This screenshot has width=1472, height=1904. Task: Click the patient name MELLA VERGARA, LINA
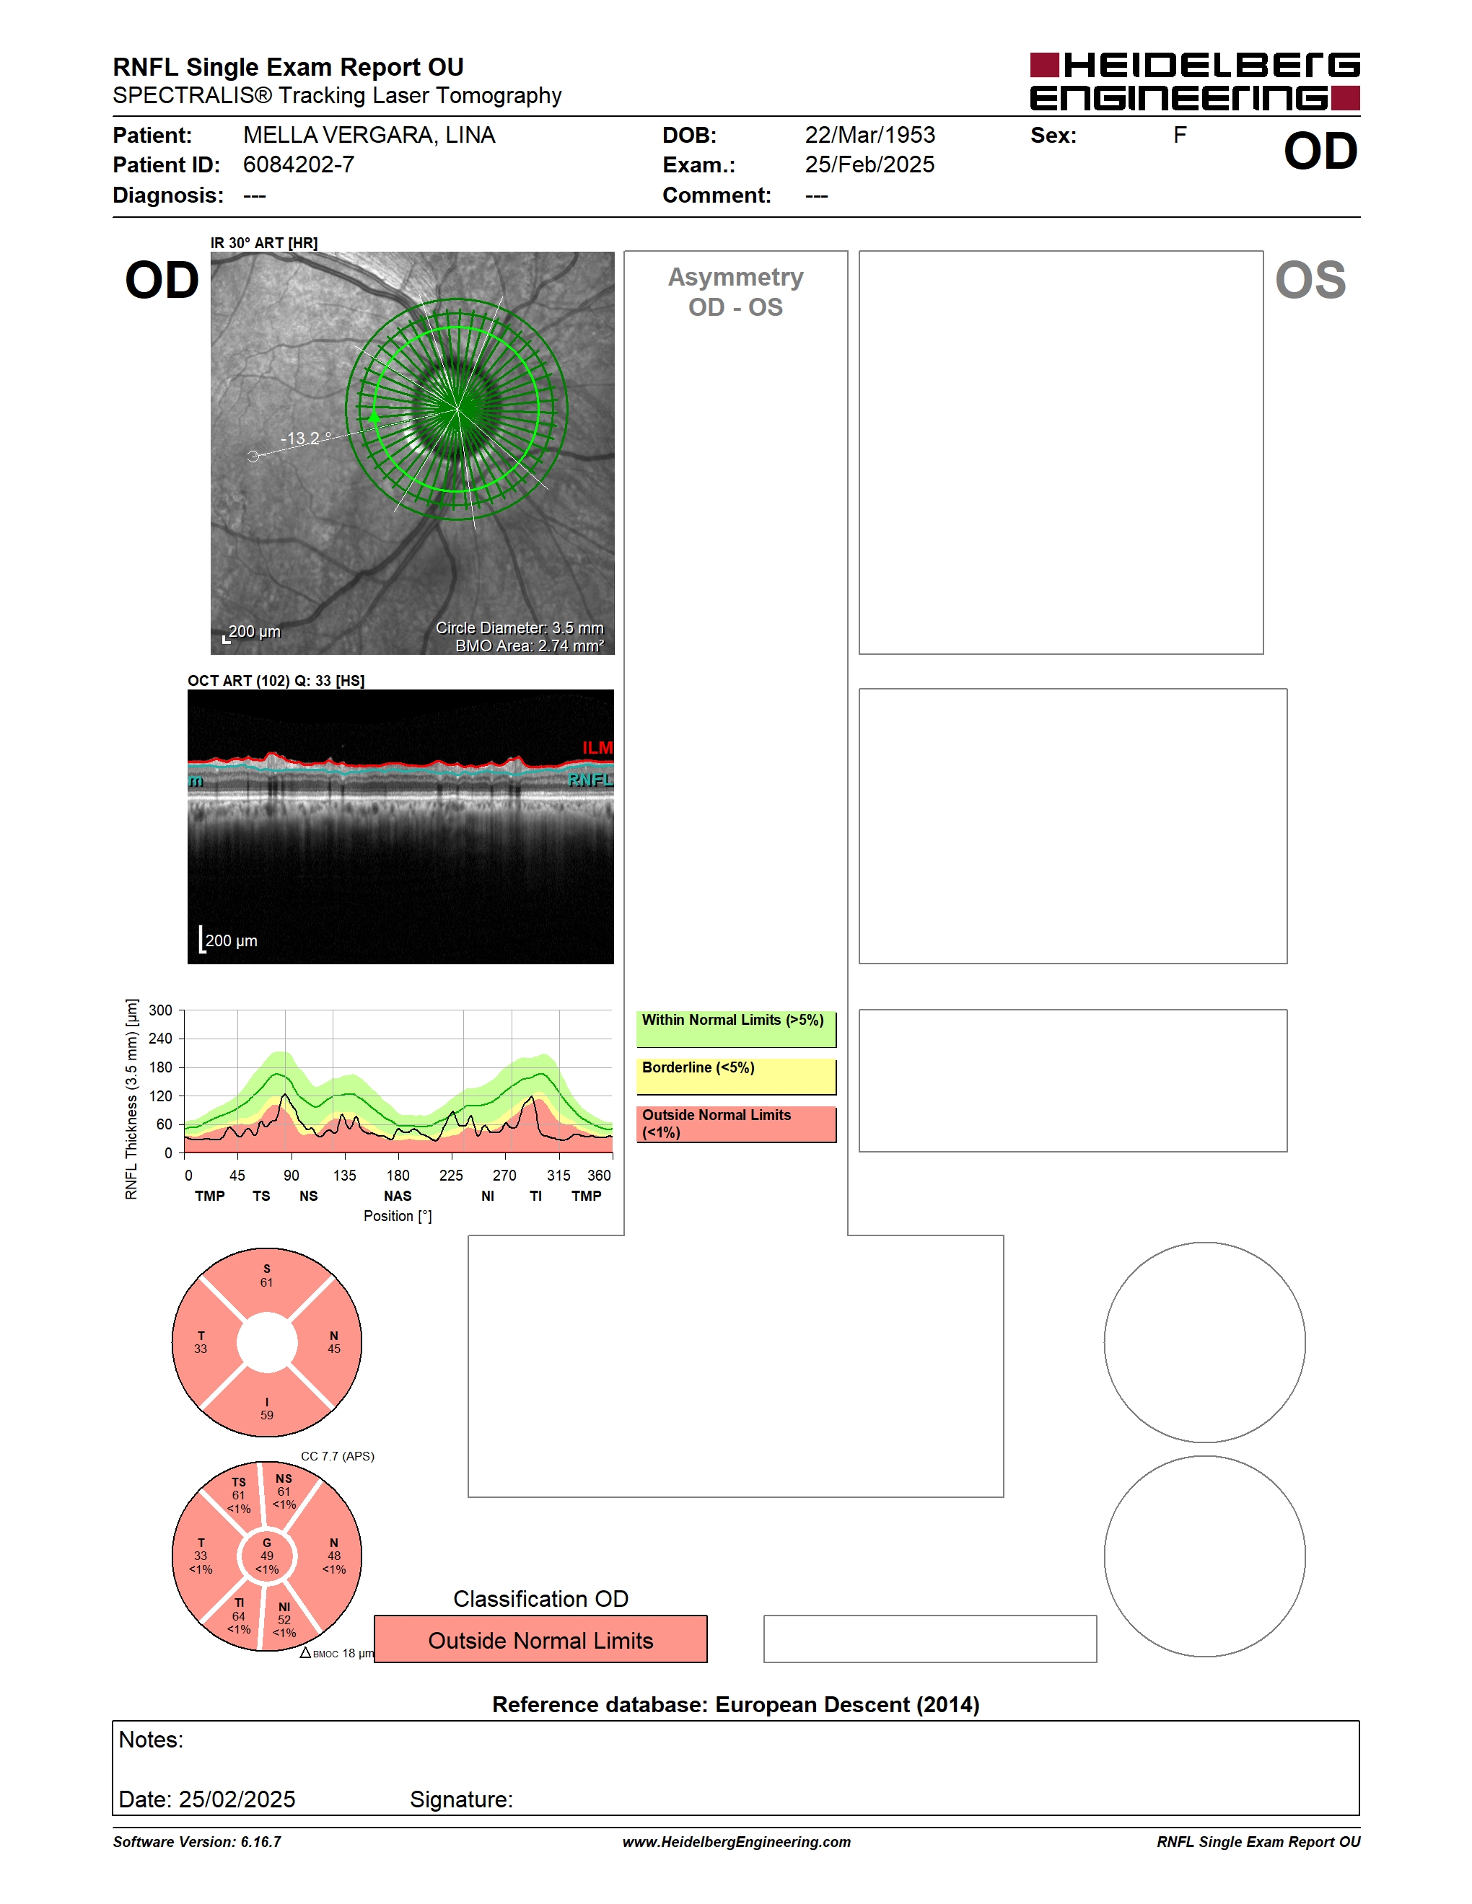(x=369, y=135)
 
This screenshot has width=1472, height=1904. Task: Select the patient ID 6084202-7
(x=298, y=164)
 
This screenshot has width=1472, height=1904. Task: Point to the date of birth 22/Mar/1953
(x=869, y=135)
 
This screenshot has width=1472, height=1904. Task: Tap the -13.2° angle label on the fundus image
(x=306, y=438)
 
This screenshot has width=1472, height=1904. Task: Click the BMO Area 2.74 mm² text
(x=530, y=645)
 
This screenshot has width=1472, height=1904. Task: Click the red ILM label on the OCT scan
(x=597, y=747)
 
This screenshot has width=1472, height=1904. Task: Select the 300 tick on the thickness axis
(x=160, y=1010)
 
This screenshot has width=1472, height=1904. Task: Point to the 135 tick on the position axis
(x=344, y=1175)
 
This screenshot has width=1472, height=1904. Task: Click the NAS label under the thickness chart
(x=398, y=1196)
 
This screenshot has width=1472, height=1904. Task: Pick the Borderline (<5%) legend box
(x=736, y=1077)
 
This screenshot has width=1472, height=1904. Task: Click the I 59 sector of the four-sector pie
(x=267, y=1408)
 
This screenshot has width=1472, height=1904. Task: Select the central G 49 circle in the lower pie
(x=267, y=1556)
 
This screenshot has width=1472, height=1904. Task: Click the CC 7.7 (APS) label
(x=338, y=1456)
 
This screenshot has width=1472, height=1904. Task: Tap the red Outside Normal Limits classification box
(x=540, y=1639)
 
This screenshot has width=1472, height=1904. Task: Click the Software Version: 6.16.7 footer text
(x=197, y=1842)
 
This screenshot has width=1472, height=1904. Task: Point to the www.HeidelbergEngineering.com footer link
(x=736, y=1842)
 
